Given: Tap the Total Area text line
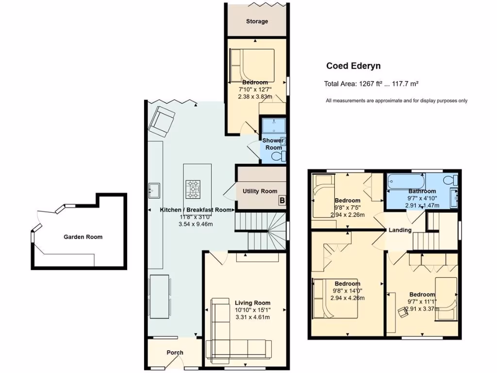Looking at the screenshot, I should pos(371,84).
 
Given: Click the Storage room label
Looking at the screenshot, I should pos(257,21).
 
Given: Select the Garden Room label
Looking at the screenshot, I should pos(83,237).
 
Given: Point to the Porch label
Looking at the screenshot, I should pos(175,353).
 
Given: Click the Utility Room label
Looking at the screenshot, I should pos(260,191).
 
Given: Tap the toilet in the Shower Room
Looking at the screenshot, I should pos(278,156).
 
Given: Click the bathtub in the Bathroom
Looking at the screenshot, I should pos(402,183).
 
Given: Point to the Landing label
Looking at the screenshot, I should pos(400,230).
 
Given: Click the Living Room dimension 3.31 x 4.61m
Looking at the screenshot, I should pos(252,317).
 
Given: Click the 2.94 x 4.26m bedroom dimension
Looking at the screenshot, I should pos(347,298).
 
